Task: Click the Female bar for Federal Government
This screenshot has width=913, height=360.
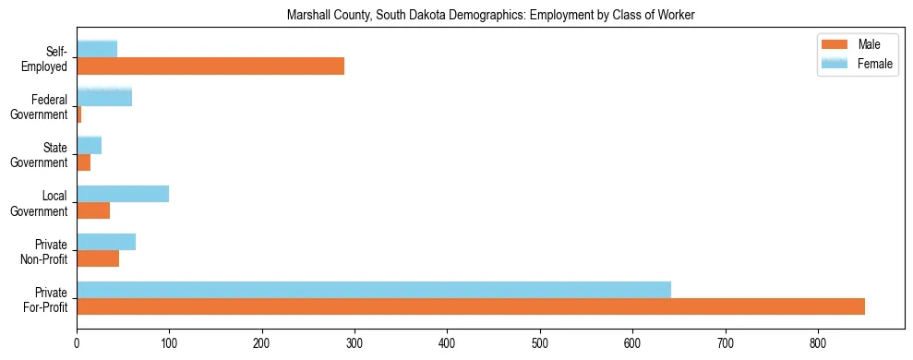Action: coord(104,97)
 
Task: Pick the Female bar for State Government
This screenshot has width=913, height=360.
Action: coord(89,145)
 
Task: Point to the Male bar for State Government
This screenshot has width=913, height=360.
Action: coord(83,162)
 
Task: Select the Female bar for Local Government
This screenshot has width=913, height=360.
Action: coord(123,193)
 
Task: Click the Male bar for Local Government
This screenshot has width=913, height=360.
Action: coord(93,210)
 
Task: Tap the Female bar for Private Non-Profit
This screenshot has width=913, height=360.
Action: coord(106,242)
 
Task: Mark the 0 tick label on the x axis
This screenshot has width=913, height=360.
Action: coord(77,343)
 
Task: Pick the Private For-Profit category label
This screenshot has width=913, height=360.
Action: coord(45,299)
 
